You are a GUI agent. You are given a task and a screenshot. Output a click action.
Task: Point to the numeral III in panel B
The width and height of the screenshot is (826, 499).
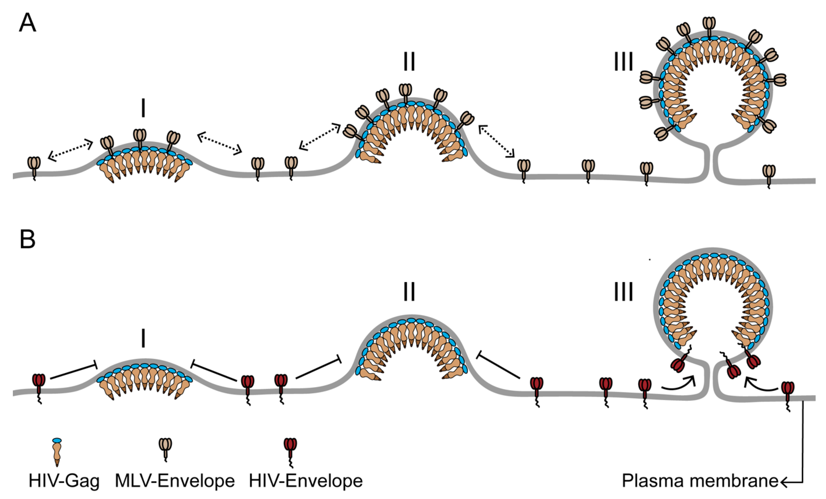(624, 292)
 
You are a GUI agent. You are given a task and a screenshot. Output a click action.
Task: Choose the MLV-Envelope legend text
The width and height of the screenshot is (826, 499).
(175, 481)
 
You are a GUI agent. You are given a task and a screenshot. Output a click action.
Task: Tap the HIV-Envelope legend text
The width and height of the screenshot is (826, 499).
(306, 481)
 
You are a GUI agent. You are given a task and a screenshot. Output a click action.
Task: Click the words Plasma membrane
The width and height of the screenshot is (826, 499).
(700, 481)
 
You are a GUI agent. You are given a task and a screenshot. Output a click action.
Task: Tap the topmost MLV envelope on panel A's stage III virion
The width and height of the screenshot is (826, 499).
(709, 27)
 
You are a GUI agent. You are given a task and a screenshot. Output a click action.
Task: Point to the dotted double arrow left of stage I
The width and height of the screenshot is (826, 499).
(70, 149)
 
